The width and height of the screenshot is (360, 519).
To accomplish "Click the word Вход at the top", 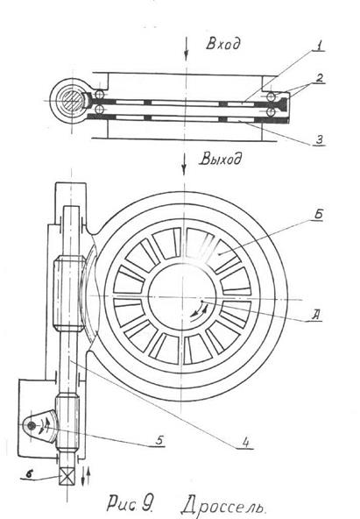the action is [x=222, y=44].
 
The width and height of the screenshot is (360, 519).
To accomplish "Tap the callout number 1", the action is [x=318, y=46].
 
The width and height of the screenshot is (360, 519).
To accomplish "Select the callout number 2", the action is [x=319, y=78].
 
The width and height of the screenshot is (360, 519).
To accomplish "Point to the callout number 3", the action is [x=319, y=139].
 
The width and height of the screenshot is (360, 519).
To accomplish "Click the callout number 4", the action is [x=245, y=442].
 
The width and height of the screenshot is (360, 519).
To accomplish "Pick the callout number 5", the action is [x=159, y=440].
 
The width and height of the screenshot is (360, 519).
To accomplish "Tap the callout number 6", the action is [x=29, y=473].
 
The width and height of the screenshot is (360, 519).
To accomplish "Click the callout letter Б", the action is [x=318, y=214].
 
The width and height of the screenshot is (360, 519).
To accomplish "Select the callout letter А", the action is [x=315, y=315].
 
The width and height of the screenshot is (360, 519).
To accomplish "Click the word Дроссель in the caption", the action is [x=223, y=507].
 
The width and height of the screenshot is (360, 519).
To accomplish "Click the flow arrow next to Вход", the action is [x=187, y=49].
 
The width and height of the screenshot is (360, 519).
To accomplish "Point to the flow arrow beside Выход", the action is [x=184, y=164].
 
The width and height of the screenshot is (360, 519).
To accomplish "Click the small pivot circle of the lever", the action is [x=32, y=426].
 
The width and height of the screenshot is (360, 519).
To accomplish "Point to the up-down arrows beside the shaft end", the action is [x=85, y=476].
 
